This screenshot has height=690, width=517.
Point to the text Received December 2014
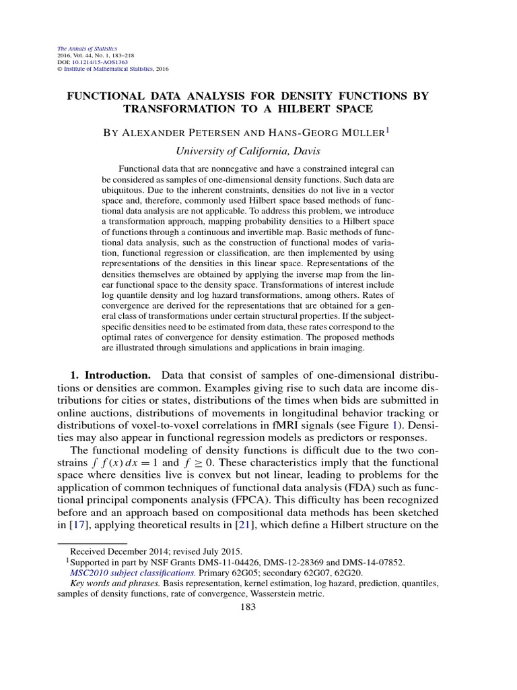(122, 551)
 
